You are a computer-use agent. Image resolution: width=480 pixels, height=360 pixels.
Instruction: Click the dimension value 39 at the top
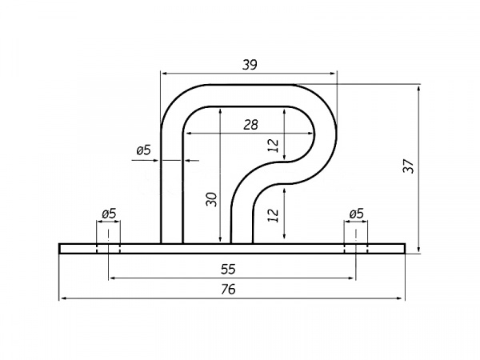point(250,65)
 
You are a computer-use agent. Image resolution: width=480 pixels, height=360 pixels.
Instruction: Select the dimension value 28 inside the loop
point(250,125)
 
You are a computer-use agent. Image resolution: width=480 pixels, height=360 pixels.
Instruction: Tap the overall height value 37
point(409,166)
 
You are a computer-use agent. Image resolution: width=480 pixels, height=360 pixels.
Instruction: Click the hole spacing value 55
point(228,269)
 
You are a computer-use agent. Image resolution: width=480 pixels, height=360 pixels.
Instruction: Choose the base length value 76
point(228,289)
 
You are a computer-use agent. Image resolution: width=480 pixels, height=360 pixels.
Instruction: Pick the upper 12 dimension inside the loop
point(274,145)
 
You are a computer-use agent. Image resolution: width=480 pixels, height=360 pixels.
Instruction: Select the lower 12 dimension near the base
point(274,215)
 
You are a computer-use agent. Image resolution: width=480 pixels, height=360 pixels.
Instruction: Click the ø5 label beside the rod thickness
point(144,150)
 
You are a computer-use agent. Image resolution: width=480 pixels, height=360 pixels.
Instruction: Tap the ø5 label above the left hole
point(109,214)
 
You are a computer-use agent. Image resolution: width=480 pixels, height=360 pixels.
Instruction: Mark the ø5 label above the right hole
point(356,214)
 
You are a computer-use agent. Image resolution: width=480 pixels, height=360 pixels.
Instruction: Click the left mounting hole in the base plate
point(108,249)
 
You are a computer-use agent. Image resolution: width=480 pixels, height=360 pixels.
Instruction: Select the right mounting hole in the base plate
point(356,249)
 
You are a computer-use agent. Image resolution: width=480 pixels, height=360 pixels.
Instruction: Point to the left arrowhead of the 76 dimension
point(62,298)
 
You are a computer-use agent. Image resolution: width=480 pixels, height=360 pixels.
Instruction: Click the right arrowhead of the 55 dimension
point(351,278)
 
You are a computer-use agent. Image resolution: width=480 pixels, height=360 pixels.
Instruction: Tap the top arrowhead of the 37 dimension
point(418,90)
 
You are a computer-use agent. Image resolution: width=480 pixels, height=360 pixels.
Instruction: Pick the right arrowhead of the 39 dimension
point(333,74)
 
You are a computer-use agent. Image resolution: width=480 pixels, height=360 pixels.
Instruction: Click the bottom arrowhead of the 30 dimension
point(221,239)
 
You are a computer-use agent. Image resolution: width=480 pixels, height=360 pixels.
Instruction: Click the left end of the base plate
point(59,249)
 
